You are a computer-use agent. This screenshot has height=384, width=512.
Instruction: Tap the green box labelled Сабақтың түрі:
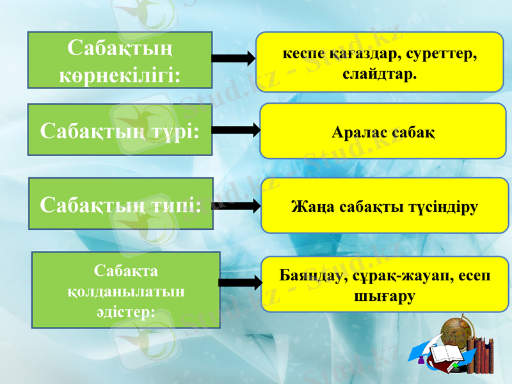coord(120,131)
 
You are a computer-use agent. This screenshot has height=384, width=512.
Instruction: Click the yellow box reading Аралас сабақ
coord(383,131)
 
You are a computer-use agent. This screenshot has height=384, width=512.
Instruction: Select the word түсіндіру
coord(442,206)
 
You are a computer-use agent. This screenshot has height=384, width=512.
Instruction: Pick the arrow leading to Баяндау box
coord(240,282)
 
